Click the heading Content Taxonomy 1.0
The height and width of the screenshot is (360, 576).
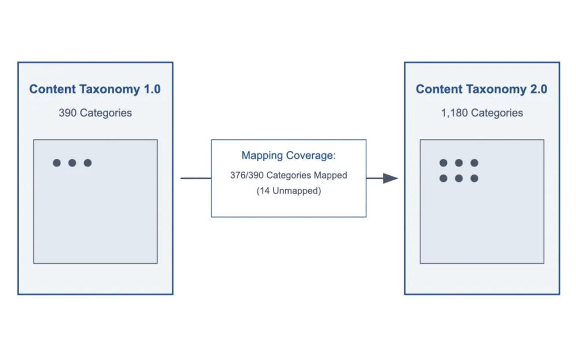pos(95,89)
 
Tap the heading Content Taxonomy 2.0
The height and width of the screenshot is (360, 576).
pos(482,89)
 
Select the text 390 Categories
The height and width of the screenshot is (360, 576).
pos(95,113)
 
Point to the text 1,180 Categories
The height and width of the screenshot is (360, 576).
pos(482,113)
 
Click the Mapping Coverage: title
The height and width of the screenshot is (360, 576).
pos(288,156)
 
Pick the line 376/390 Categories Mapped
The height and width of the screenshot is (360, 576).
pos(288,175)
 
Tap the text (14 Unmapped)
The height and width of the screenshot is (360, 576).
pos(288,191)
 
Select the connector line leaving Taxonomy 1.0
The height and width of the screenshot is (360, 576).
pos(196,179)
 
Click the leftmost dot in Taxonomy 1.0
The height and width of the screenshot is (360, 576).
pos(56,163)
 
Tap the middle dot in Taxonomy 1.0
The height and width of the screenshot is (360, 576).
pos(72,163)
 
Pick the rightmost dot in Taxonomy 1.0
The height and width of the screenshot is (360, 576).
pos(88,163)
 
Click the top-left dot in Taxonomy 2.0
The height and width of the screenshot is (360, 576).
pos(443,163)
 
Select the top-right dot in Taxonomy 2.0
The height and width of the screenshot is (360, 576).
pos(474,163)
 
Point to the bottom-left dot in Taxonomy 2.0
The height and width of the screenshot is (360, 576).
pos(443,179)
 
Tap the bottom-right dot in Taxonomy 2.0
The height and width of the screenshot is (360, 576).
pos(474,179)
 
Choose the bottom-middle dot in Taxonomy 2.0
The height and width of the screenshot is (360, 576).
pos(458,179)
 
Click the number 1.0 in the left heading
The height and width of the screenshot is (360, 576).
pos(152,89)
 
